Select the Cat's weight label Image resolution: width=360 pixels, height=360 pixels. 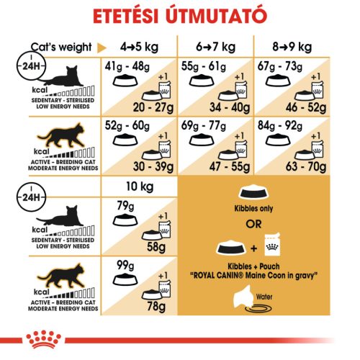point(61,48)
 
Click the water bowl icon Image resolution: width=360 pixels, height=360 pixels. point(263,310)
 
